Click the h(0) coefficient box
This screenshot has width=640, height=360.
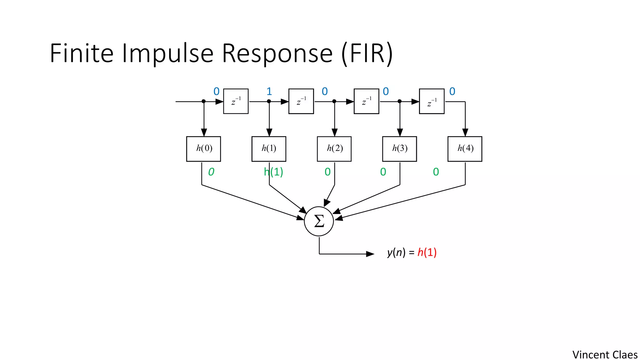pos(203,149)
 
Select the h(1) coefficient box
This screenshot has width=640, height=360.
pos(269,149)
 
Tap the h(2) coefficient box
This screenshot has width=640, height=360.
pos(334,149)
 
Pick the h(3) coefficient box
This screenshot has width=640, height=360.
pos(399,149)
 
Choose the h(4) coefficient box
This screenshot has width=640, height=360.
pos(465,149)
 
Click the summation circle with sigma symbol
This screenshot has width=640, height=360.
pos(319,221)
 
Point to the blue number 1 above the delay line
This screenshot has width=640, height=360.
pos(269,92)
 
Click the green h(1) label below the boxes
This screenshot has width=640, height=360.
pos(273,172)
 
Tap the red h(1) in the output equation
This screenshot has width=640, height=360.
pos(427,252)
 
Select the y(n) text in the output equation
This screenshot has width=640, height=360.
pos(396,252)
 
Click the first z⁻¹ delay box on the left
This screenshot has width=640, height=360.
pos(236,101)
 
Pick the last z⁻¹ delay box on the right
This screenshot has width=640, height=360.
pos(432,101)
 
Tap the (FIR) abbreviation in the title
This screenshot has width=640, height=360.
pos(367,54)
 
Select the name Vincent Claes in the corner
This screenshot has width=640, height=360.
pos(605,355)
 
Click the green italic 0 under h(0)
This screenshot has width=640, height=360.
pos(211,172)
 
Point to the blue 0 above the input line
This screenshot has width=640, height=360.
pos(216,92)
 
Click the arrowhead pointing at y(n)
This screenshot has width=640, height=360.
pos(370,254)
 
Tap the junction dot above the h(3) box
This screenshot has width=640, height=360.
pos(399,101)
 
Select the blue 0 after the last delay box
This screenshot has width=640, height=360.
pos(452,92)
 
